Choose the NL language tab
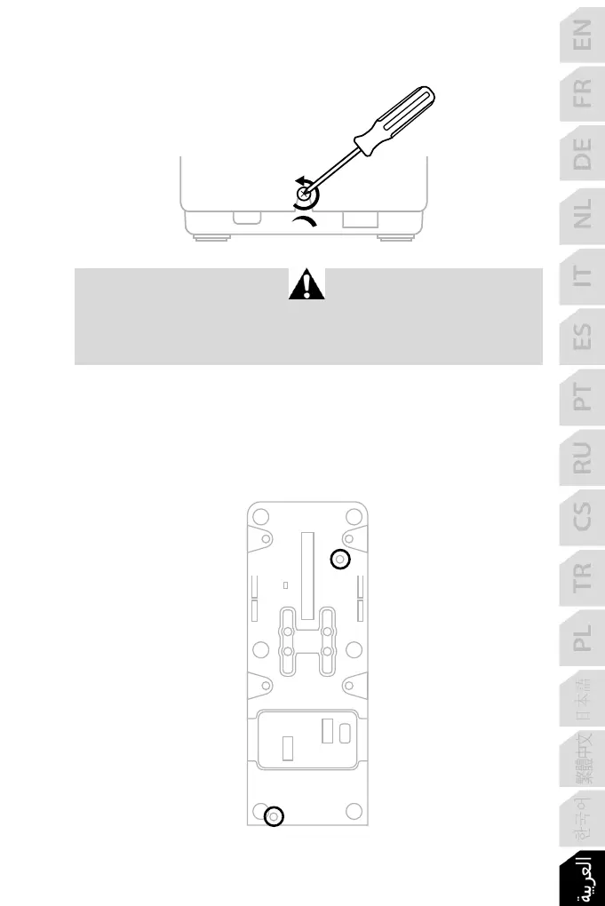[x=581, y=215]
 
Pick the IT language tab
[x=581, y=277]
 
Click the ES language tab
[x=581, y=337]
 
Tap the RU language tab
[x=581, y=459]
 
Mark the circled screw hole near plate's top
[x=340, y=560]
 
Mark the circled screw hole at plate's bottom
[x=275, y=815]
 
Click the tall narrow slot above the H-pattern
[x=307, y=574]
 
